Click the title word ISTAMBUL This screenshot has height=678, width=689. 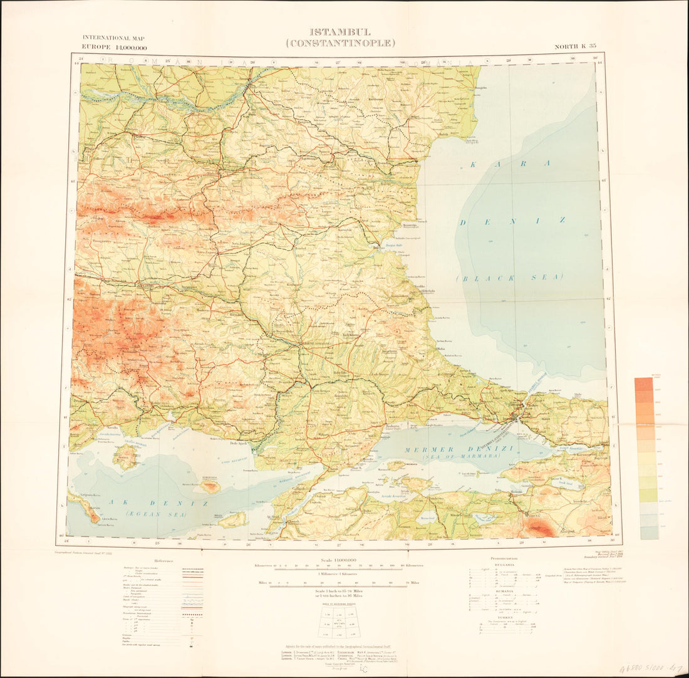pyautogui.click(x=340, y=32)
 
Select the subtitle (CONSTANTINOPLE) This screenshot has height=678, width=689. pyautogui.click(x=340, y=43)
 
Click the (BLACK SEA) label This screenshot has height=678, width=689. pyautogui.click(x=510, y=277)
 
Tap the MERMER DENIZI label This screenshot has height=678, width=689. pyautogui.click(x=445, y=449)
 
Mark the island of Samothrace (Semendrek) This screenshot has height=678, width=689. pyautogui.click(x=209, y=485)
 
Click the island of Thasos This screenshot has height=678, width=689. pyautogui.click(x=125, y=457)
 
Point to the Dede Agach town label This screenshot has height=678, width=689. pyautogui.click(x=241, y=444)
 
